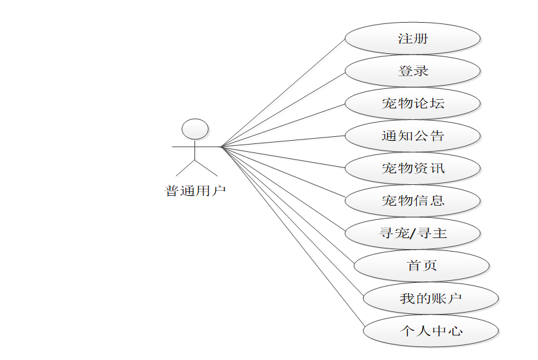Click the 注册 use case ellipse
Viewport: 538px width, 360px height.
pos(413,39)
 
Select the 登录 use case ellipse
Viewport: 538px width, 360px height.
pos(413,71)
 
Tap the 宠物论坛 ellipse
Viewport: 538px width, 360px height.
pos(413,104)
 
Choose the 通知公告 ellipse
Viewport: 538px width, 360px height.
pos(413,136)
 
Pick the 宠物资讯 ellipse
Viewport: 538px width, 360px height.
pos(413,169)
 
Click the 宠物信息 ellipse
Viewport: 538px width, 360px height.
pos(413,201)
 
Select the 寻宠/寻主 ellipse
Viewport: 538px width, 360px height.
pos(413,234)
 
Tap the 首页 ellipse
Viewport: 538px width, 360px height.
pos(422,266)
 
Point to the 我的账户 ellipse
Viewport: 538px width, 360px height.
pos(431,298)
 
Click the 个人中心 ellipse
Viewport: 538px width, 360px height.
pos(431,331)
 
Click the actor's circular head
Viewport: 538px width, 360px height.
pos(195,129)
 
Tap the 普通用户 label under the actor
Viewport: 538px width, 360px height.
pos(195,191)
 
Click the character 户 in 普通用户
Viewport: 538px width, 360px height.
pos(219,191)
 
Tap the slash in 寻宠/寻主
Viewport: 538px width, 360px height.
pos(413,234)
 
